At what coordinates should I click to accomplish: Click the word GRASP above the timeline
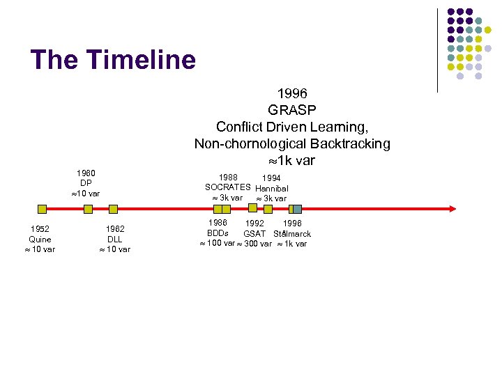292,110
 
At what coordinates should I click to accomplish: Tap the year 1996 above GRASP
292,93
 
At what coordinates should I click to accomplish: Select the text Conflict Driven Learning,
292,127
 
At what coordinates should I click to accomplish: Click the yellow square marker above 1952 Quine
42,208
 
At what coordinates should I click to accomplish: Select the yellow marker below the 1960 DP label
88,208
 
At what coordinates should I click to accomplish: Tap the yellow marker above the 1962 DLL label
114,208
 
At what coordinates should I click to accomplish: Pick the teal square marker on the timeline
297,208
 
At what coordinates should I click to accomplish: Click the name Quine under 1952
40,240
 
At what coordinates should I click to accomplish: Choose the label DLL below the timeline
115,240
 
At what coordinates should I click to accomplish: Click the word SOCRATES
227,187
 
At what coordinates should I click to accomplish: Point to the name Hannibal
272,188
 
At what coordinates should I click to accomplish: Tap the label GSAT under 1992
254,233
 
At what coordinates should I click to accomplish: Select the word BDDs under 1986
218,233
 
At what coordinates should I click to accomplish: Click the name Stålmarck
292,233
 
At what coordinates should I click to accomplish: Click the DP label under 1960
86,183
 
